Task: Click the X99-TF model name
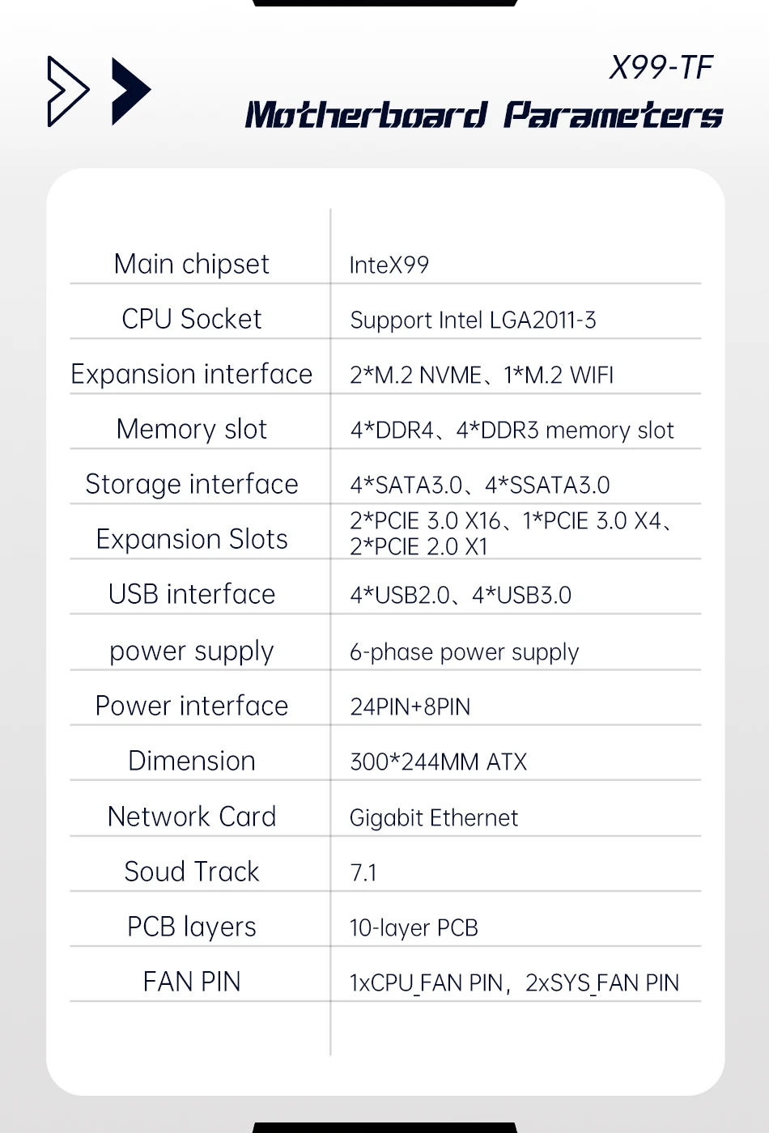point(661,68)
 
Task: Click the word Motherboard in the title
point(366,115)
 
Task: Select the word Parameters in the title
point(613,115)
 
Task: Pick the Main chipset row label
point(192,264)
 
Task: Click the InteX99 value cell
point(389,265)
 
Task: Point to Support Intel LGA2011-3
point(473,320)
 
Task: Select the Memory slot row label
point(192,429)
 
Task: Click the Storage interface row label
point(192,484)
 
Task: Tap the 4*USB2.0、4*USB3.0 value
point(461,596)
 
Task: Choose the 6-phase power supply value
point(464,652)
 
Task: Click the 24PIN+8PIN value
point(410,707)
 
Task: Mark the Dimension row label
point(192,761)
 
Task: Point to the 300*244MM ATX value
point(438,762)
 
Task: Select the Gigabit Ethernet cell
point(434,818)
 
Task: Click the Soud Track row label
point(192,872)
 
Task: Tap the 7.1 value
point(363,873)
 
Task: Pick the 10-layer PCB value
point(414,928)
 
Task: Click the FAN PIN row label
point(192,982)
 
